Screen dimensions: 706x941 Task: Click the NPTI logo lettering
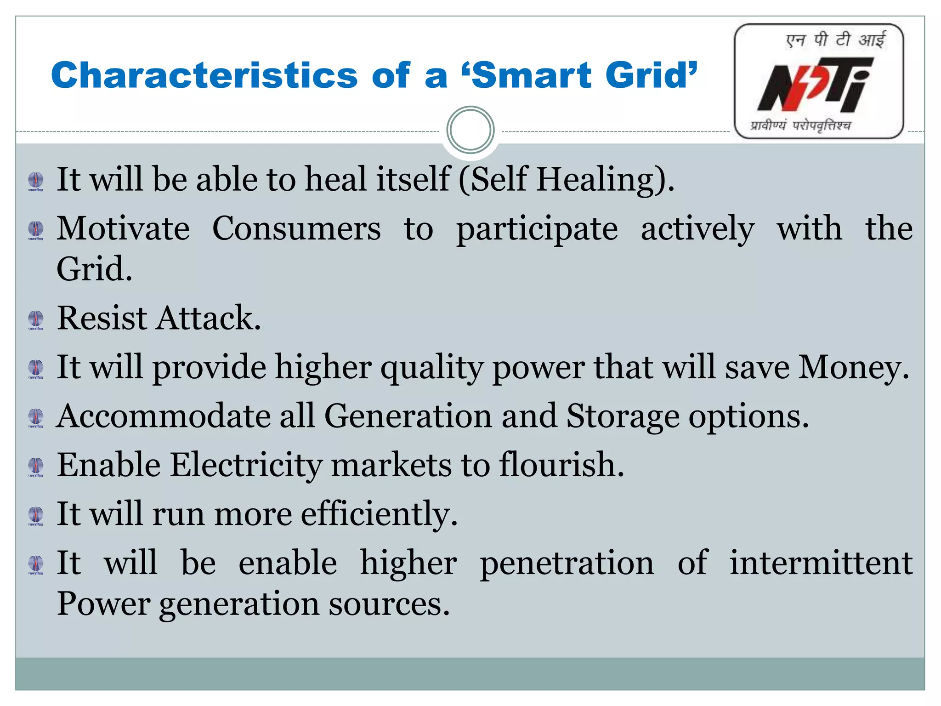[814, 85]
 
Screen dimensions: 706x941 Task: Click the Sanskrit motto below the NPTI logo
[800, 125]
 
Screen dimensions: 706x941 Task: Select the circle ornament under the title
[470, 130]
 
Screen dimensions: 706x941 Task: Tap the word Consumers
[296, 228]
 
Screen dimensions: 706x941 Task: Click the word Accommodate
[164, 416]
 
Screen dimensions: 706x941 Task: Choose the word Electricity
[246, 465]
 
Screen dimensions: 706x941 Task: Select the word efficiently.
[379, 514]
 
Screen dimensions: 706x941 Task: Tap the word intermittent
[821, 563]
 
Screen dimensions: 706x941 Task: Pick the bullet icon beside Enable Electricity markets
[36, 467]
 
